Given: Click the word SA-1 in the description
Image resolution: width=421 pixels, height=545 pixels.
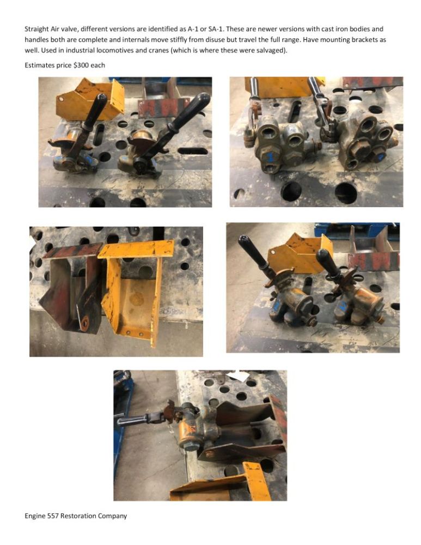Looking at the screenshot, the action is pos(215,29).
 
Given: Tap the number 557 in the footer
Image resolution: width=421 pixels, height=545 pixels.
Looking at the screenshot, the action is pos(53,516).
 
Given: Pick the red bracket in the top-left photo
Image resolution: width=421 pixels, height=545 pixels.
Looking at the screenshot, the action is pos(163,106).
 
